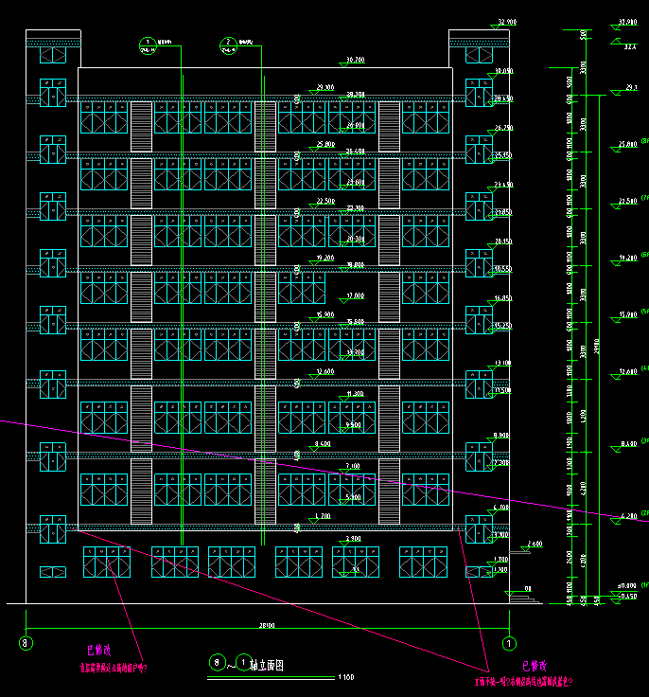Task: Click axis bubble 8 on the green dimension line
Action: click(x=26, y=644)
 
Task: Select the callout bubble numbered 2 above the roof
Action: click(x=228, y=43)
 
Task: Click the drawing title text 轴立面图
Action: click(x=266, y=666)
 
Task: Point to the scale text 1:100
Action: click(x=345, y=677)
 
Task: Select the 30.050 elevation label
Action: click(x=502, y=72)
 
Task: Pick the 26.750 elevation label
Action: click(x=502, y=128)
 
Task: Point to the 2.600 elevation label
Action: click(x=535, y=545)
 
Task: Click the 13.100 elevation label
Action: click(x=502, y=364)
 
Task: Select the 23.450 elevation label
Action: click(x=502, y=185)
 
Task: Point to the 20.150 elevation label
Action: click(x=502, y=241)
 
